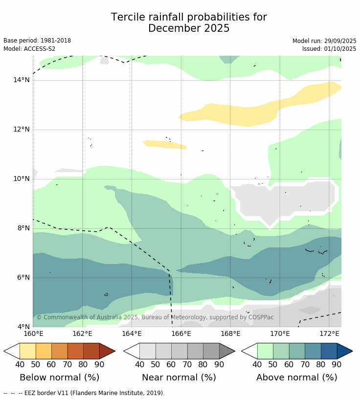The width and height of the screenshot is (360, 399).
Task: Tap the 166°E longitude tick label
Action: click(181, 334)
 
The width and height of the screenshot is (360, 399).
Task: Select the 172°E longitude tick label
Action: click(329, 334)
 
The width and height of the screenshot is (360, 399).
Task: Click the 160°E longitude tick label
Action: click(33, 334)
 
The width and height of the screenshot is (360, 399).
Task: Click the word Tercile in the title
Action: click(128, 18)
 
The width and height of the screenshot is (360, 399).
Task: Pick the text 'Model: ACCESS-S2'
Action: click(29, 49)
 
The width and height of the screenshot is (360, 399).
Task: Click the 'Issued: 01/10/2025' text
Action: click(329, 49)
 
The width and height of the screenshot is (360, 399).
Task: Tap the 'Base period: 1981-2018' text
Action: click(37, 41)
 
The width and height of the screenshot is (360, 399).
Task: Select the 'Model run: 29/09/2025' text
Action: click(324, 41)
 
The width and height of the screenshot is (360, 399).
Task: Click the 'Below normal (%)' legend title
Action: click(59, 377)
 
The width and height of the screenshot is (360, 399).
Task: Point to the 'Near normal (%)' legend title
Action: click(179, 377)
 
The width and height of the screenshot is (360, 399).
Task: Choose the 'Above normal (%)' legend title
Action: click(297, 377)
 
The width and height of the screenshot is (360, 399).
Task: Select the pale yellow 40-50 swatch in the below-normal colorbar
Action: click(27, 351)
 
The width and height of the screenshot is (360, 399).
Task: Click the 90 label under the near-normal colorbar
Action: click(219, 364)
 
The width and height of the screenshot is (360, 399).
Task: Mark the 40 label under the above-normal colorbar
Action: click(257, 364)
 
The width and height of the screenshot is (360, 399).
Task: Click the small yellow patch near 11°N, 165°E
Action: click(164, 144)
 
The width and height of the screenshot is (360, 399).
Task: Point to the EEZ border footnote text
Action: click(84, 393)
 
